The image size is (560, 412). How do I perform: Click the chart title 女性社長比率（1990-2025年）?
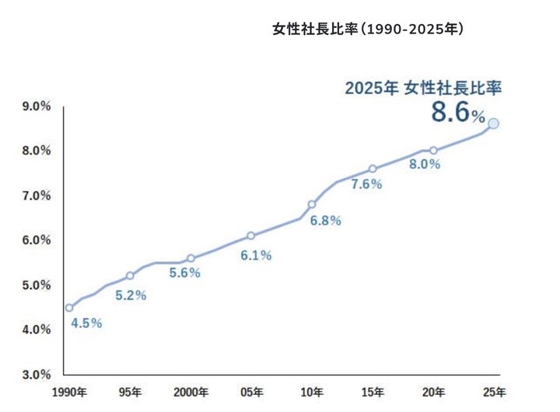click(x=368, y=30)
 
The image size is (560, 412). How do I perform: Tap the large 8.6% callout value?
click(x=458, y=113)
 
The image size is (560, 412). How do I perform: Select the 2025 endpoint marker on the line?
click(x=493, y=123)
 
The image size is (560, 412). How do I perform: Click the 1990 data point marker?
click(x=69, y=307)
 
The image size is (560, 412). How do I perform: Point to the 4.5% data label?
click(x=86, y=323)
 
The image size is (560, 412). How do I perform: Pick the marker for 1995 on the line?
click(x=130, y=275)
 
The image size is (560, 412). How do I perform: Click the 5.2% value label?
click(x=131, y=295)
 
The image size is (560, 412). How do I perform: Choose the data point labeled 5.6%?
click(x=191, y=258)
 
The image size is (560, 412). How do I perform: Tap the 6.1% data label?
click(x=256, y=256)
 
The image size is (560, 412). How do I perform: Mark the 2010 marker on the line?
click(x=312, y=204)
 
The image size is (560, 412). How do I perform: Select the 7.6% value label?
click(x=367, y=184)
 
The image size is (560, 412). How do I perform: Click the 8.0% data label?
click(x=425, y=165)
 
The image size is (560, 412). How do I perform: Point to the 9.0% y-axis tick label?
click(x=37, y=106)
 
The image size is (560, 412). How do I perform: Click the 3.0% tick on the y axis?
click(x=37, y=375)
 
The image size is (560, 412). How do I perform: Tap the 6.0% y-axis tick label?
click(x=37, y=240)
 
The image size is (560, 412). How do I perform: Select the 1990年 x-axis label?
click(x=69, y=391)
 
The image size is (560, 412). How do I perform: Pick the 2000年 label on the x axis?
click(x=191, y=391)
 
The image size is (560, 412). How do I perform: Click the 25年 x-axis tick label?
click(x=494, y=391)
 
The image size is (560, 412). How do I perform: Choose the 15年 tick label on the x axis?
click(x=373, y=391)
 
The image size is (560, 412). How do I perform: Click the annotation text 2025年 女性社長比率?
click(x=423, y=88)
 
